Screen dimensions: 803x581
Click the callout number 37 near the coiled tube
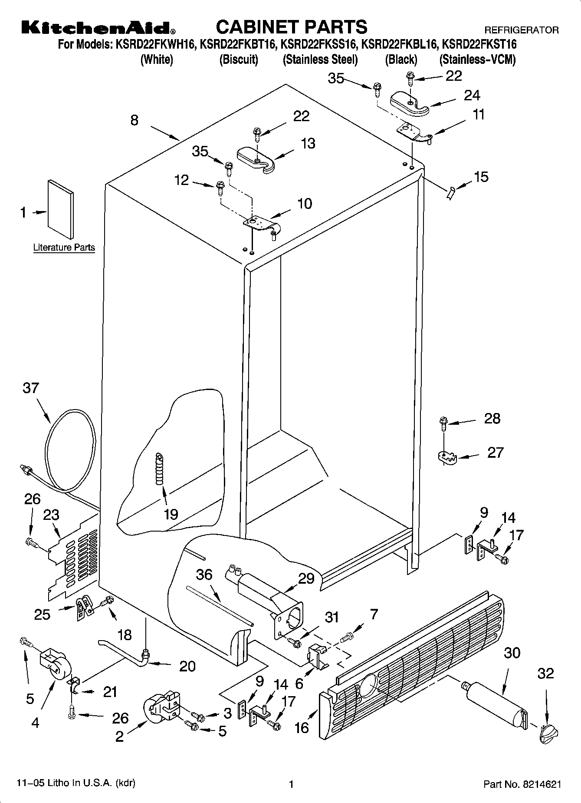click(x=31, y=388)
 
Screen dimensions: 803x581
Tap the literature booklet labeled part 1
click(x=60, y=209)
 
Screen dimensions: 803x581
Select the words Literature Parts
click(x=64, y=248)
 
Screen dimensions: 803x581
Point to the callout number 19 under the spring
click(x=171, y=515)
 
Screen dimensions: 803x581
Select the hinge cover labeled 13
click(x=256, y=159)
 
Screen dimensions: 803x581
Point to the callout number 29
click(x=306, y=578)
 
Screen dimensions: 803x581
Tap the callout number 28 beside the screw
click(x=492, y=419)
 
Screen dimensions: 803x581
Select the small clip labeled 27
click(x=446, y=457)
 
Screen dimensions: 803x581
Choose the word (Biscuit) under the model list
click(x=239, y=59)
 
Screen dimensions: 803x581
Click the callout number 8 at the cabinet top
click(x=135, y=120)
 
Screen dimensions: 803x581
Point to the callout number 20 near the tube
click(x=187, y=666)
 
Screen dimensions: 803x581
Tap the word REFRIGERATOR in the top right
click(x=521, y=30)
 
